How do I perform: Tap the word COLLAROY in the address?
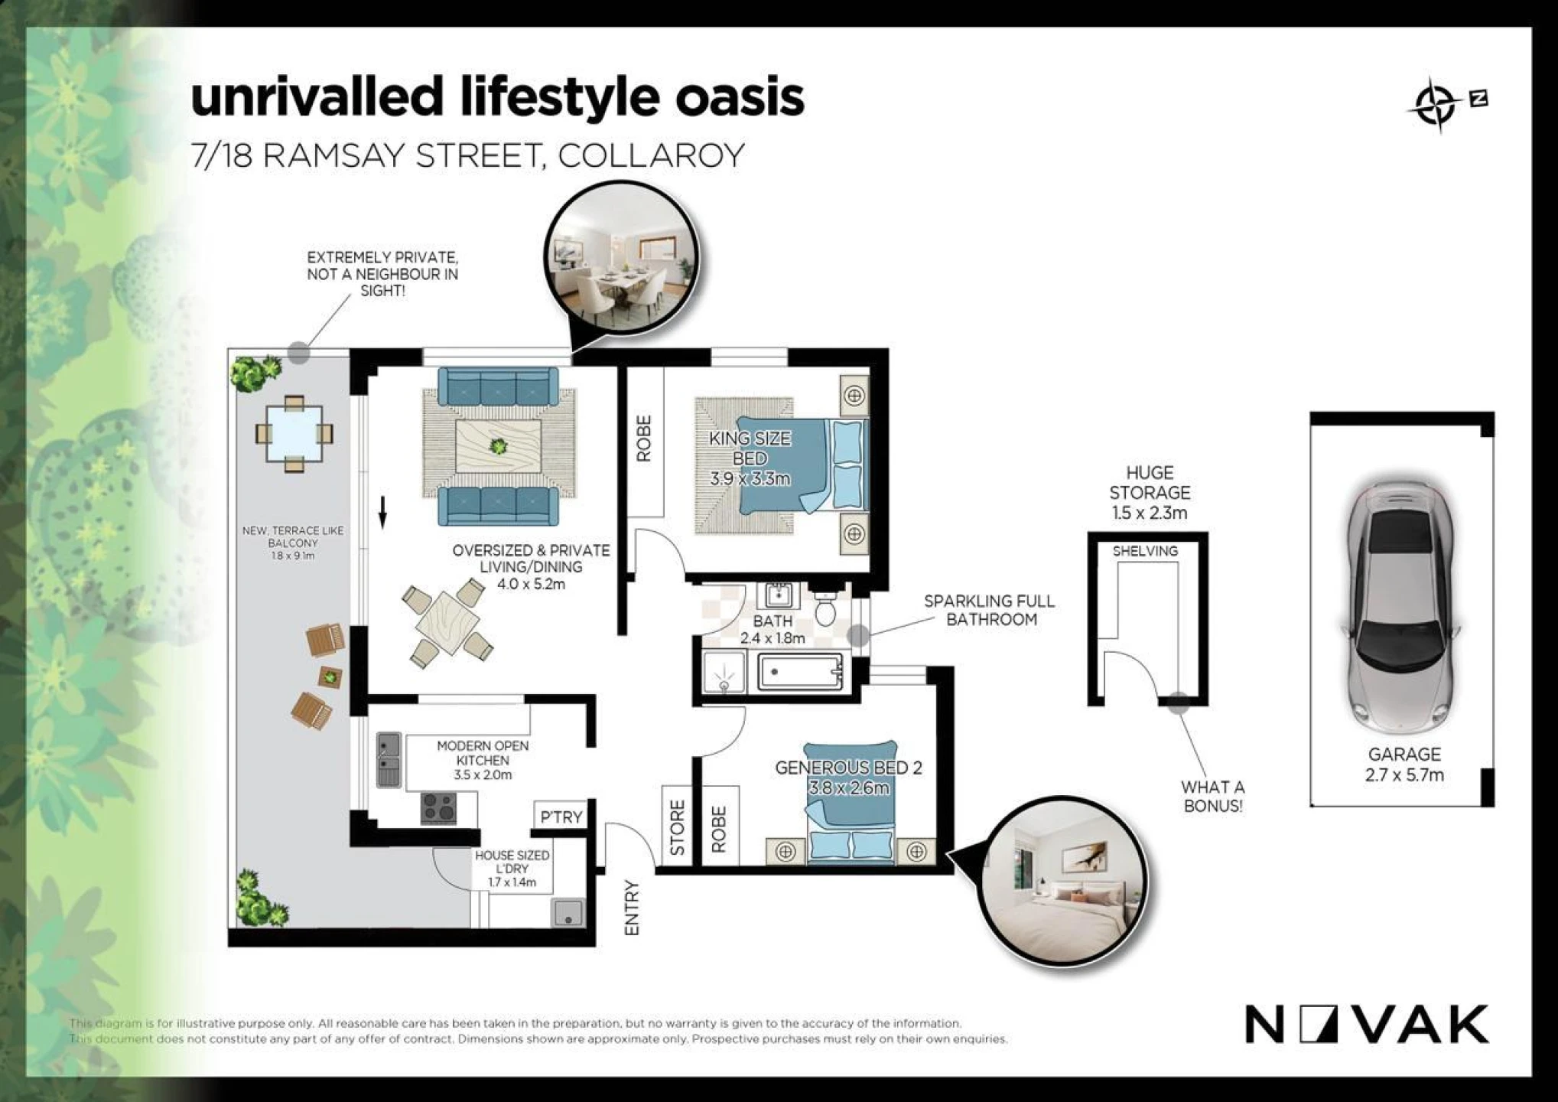pyautogui.click(x=651, y=155)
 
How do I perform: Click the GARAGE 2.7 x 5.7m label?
pyautogui.click(x=1404, y=765)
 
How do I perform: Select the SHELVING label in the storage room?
pyautogui.click(x=1145, y=551)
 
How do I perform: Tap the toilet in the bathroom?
pyautogui.click(x=826, y=606)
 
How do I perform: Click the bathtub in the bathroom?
pyautogui.click(x=800, y=673)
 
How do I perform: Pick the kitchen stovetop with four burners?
pyautogui.click(x=439, y=808)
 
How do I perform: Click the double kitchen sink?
pyautogui.click(x=389, y=760)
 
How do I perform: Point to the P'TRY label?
pyautogui.click(x=561, y=817)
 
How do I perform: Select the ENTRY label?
pyautogui.click(x=632, y=908)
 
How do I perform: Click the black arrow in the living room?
pyautogui.click(x=383, y=512)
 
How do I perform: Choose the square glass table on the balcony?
pyautogui.click(x=294, y=434)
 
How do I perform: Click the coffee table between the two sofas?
pyautogui.click(x=498, y=445)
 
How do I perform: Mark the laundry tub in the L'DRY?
pyautogui.click(x=568, y=912)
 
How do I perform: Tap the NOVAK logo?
pyautogui.click(x=1368, y=1024)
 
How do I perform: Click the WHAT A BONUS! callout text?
pyautogui.click(x=1213, y=796)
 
